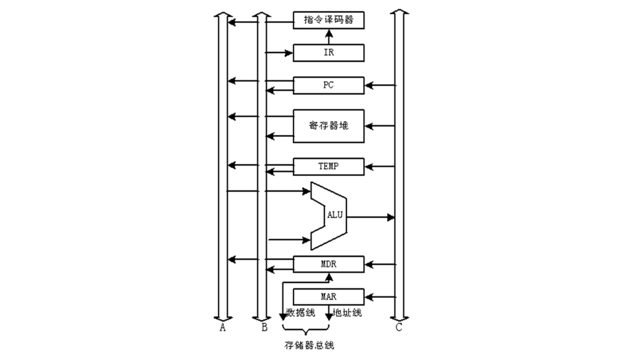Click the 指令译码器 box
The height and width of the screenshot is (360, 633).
[328, 20]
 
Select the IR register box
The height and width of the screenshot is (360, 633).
[328, 53]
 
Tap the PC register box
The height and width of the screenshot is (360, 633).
[328, 85]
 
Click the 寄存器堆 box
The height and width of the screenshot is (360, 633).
[328, 126]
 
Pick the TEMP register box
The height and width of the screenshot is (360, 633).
[328, 166]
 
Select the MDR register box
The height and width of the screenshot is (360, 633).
[328, 264]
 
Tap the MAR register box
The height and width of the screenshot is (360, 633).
[328, 297]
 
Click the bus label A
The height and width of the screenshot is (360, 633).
[223, 328]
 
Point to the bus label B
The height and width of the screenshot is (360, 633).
[264, 328]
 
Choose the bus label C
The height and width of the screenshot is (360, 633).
[399, 328]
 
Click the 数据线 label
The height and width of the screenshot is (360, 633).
[301, 313]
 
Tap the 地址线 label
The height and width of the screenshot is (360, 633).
[347, 313]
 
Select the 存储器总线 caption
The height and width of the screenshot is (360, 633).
[309, 345]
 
